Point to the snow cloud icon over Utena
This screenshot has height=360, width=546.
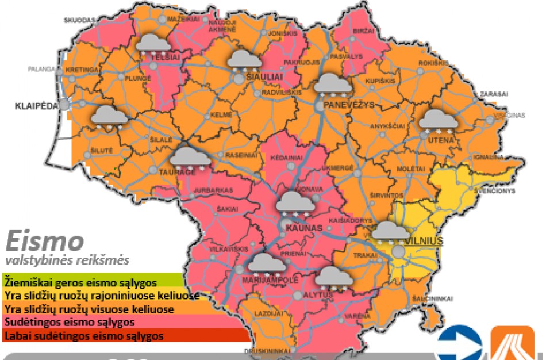[438, 121]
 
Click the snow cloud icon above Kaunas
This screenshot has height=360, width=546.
[295, 204]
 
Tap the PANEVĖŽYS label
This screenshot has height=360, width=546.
[349, 105]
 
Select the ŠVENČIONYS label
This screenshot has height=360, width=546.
[497, 190]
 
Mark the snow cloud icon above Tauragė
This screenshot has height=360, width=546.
[189, 158]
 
